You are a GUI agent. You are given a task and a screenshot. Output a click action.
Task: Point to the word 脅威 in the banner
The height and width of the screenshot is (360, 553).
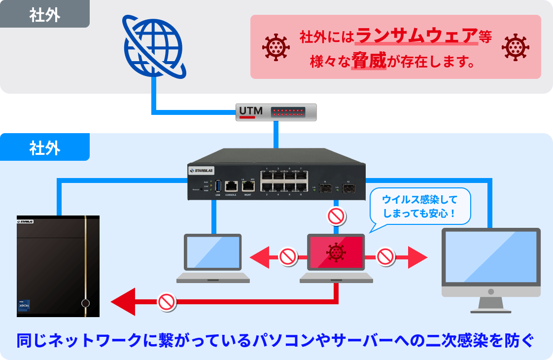click(x=369, y=62)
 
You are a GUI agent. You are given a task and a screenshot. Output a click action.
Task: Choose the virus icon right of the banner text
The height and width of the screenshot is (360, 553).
click(x=515, y=47)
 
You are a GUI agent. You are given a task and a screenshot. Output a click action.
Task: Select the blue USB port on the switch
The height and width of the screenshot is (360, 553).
click(x=218, y=186)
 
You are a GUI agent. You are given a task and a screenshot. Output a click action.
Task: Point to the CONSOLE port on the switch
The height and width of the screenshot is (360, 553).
click(x=231, y=186)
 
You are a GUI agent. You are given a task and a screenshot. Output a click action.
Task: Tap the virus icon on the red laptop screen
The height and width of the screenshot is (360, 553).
click(x=336, y=252)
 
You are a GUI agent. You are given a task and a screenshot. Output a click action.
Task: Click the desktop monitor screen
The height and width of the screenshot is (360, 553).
click(x=490, y=256)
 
